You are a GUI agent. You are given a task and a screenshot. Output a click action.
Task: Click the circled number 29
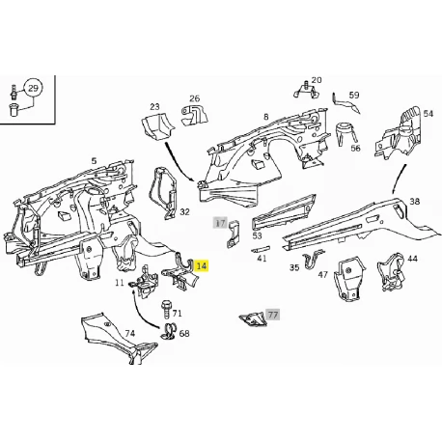34,88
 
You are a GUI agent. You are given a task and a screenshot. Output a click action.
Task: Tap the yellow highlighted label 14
202,266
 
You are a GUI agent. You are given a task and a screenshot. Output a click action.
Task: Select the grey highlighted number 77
273,315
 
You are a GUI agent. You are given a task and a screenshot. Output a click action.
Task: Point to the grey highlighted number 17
220,223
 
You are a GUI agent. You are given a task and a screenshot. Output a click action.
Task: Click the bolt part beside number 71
166,310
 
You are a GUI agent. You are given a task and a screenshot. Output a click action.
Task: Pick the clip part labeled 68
168,332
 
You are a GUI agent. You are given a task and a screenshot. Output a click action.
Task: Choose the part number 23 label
154,106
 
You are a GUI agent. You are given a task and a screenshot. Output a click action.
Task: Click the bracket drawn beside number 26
194,115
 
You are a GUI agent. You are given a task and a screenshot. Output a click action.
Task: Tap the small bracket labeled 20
306,91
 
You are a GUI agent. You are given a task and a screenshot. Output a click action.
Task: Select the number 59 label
354,95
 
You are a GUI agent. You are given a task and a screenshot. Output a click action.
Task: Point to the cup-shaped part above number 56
346,133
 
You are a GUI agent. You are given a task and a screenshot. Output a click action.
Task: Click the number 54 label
428,114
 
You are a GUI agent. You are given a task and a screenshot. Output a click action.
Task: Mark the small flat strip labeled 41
261,249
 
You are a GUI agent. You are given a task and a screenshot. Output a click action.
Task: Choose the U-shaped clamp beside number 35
313,260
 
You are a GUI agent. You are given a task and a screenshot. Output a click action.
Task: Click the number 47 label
323,274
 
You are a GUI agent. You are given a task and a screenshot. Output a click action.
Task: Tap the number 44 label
412,259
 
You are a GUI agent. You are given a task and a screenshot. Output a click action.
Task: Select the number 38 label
415,202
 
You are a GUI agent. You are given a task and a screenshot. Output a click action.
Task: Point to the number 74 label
129,334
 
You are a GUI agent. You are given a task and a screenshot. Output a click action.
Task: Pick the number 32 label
184,212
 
